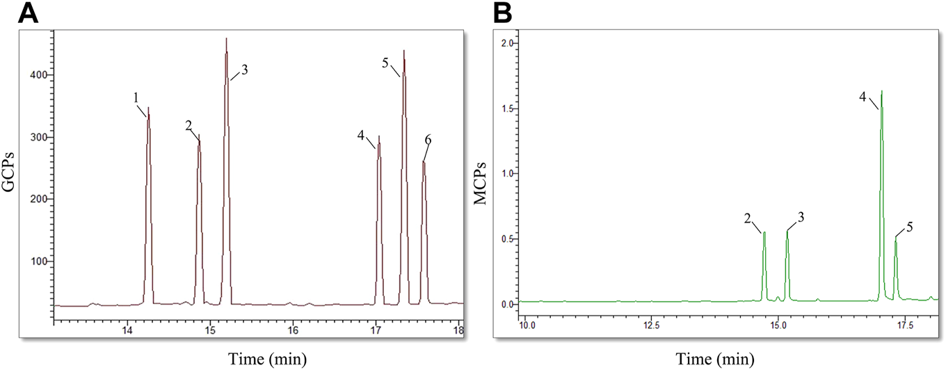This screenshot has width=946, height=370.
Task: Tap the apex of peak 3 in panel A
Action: (x=226, y=39)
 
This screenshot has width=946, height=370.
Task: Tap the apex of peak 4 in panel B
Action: (x=881, y=91)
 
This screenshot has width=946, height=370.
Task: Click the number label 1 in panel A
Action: (x=137, y=99)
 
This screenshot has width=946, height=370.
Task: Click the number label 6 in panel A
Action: (x=428, y=140)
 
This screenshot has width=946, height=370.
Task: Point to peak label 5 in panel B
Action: (x=909, y=227)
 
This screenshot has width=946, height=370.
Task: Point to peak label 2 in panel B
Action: (x=746, y=218)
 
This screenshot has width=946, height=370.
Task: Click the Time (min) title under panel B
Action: (x=721, y=358)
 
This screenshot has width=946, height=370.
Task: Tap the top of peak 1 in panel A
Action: (x=148, y=108)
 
